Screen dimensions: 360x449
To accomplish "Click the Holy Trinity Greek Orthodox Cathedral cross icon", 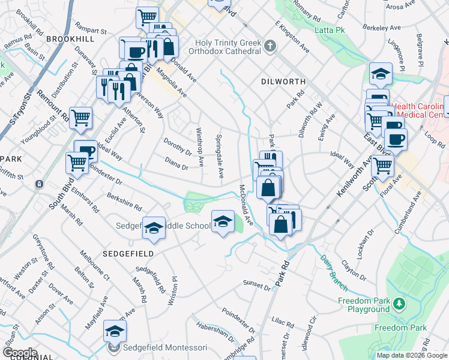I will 271,46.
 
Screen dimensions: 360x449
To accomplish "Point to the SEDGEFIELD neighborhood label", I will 128,254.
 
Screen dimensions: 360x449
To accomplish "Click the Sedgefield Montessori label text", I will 165,347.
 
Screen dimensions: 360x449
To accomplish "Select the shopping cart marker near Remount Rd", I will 80,118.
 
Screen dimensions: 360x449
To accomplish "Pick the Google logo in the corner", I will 19,352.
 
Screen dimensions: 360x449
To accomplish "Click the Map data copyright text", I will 412,355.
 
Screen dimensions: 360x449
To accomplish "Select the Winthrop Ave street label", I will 200,146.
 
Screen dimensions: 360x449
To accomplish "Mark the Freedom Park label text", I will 400,328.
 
